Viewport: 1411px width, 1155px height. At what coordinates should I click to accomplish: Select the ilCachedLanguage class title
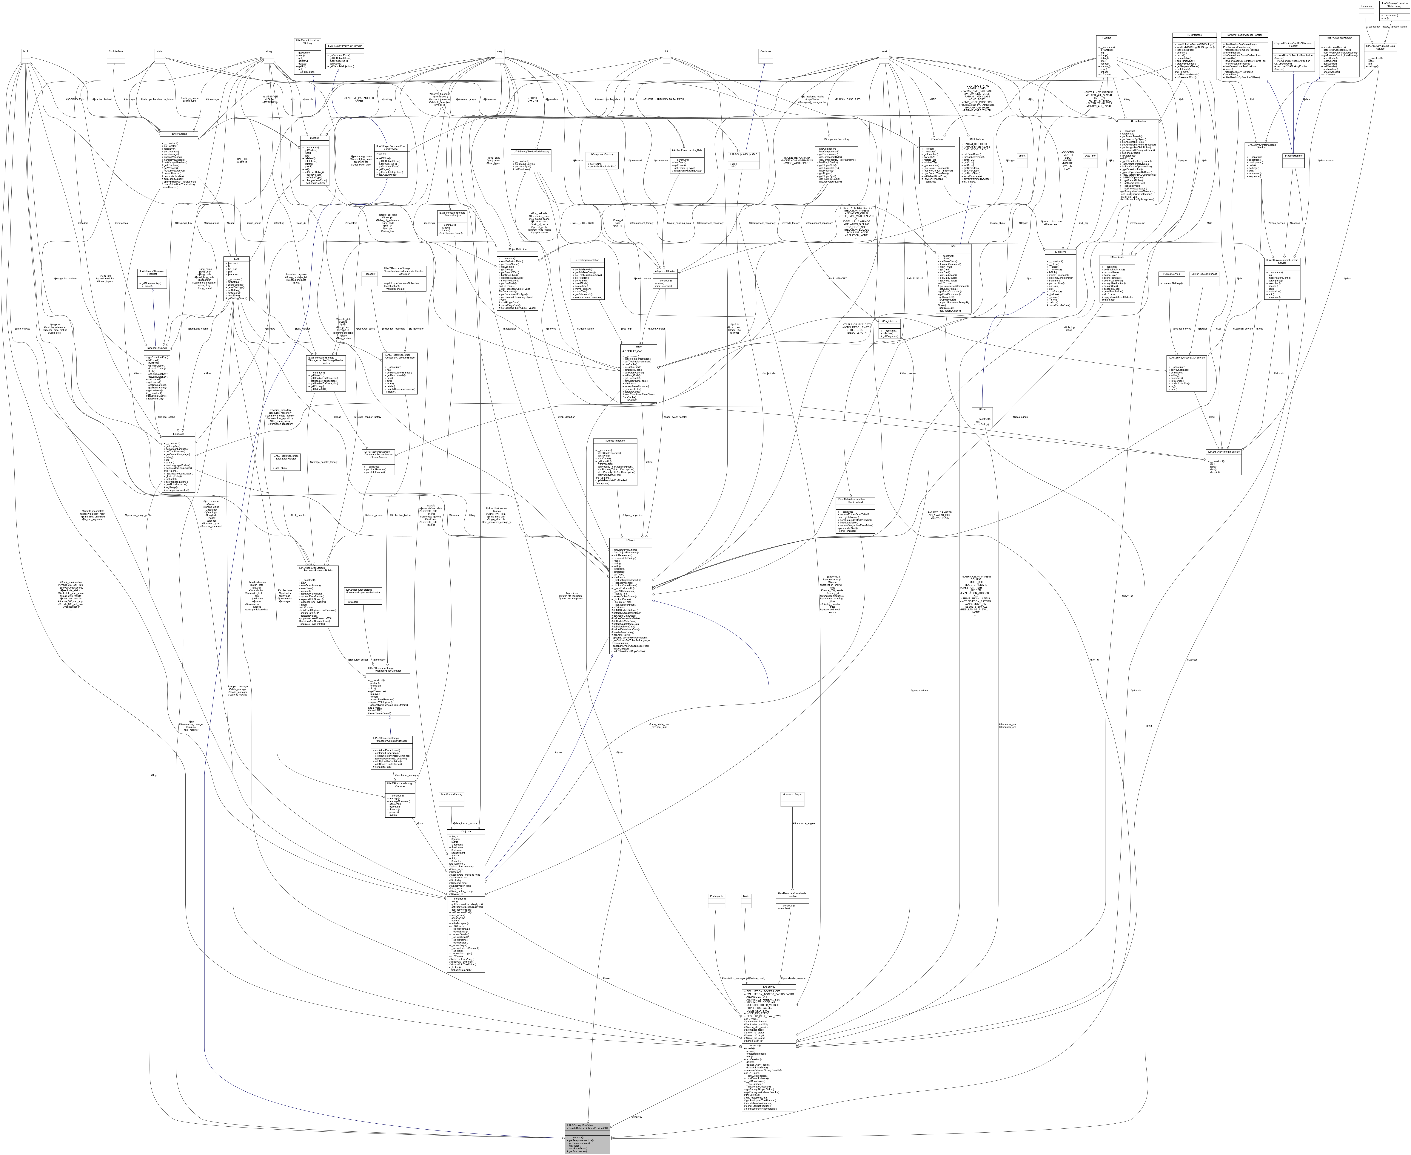tap(156, 347)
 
